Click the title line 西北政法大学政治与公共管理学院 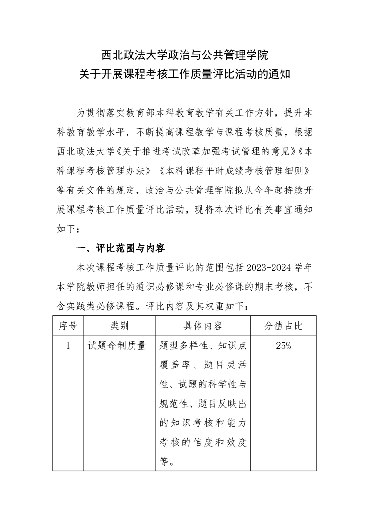point(185,55)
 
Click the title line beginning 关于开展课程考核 point(185,74)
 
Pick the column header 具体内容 point(202,326)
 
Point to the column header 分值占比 point(283,326)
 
